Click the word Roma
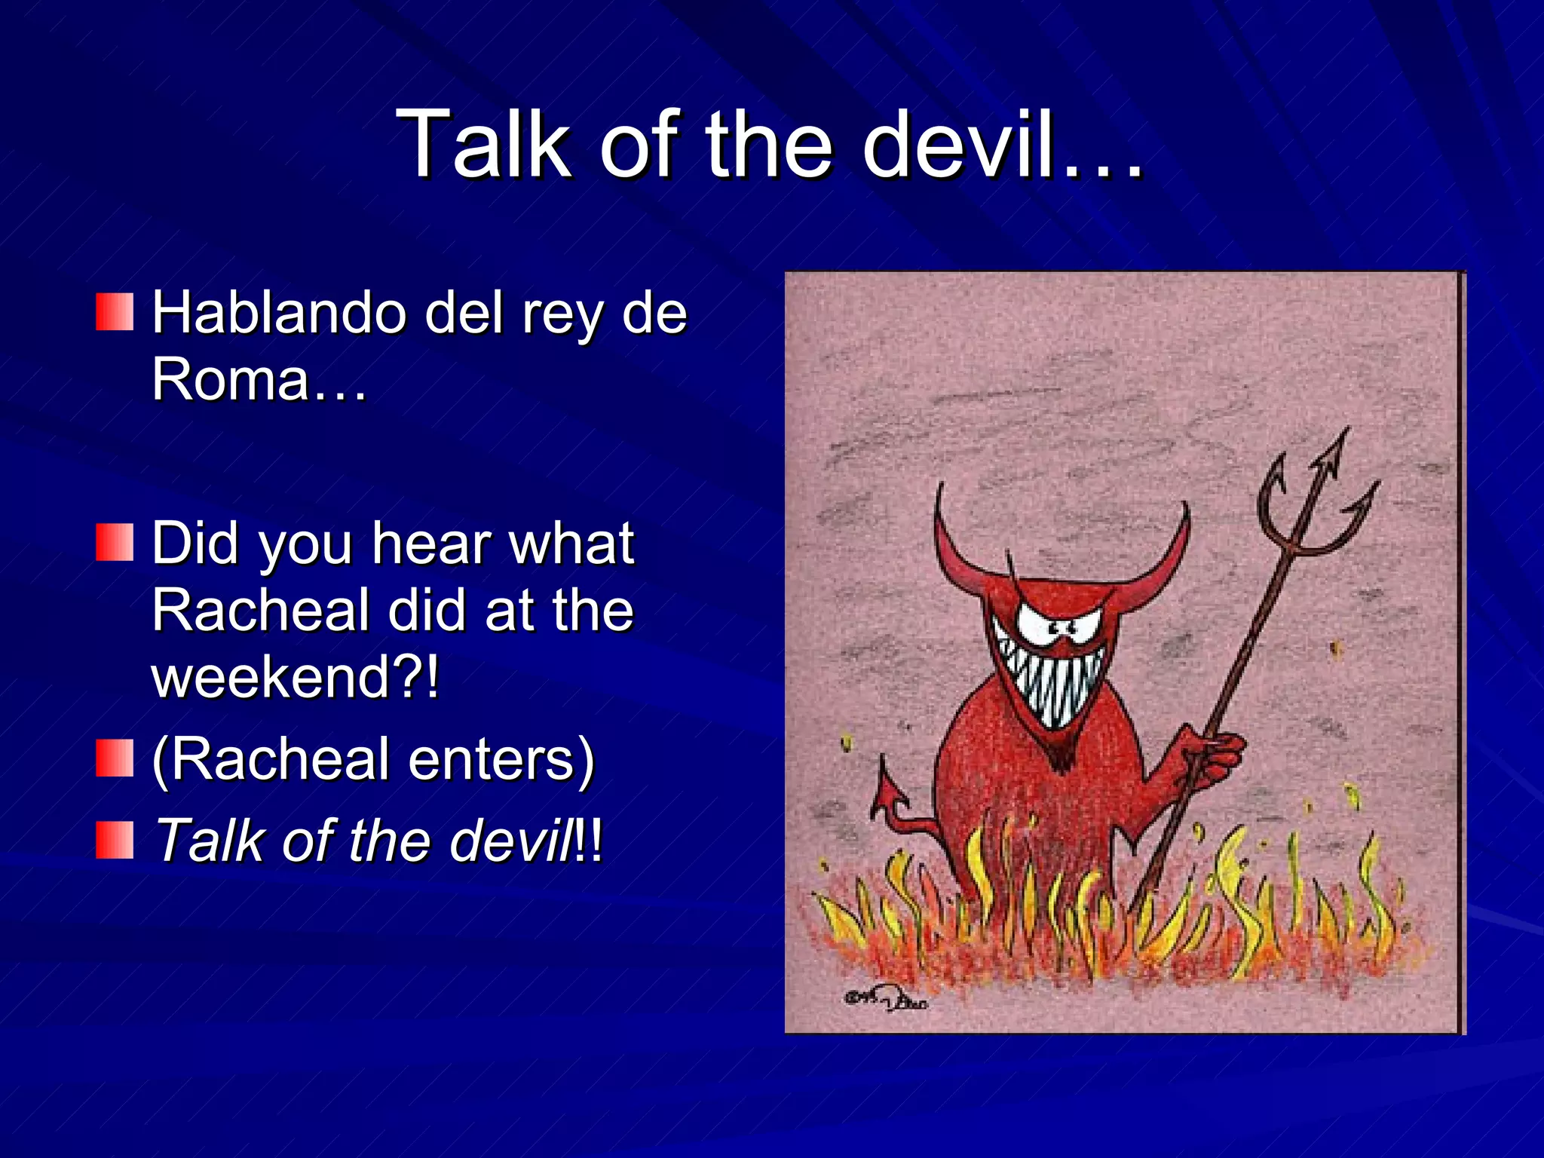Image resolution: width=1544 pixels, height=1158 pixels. pyautogui.click(x=230, y=379)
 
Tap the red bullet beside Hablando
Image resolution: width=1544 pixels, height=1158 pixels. pyautogui.click(x=115, y=312)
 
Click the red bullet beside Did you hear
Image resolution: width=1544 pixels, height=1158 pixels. pyautogui.click(x=115, y=543)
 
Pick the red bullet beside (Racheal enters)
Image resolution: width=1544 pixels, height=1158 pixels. pyautogui.click(x=115, y=758)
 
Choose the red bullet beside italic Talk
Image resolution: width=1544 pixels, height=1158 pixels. pyautogui.click(x=115, y=840)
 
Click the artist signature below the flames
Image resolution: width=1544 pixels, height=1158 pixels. pyautogui.click(x=886, y=1001)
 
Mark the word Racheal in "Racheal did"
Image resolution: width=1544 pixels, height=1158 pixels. pyautogui.click(x=260, y=611)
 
